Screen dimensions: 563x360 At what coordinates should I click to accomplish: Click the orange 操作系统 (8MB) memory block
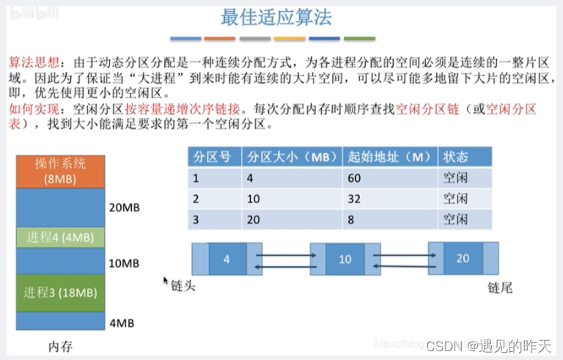coord(60,171)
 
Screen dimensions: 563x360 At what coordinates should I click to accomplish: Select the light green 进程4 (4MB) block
coord(60,238)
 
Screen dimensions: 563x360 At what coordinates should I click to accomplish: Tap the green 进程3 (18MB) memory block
coord(60,293)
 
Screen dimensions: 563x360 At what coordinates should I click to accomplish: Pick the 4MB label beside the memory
coord(122,322)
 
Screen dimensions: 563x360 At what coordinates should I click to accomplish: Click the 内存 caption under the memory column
coord(60,345)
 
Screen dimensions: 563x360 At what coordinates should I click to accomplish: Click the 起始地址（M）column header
coord(388,157)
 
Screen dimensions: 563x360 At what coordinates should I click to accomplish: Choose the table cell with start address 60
coord(388,177)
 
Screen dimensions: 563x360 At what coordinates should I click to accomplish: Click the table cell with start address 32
coord(388,199)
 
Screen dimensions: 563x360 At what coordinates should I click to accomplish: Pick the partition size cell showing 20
coord(290,219)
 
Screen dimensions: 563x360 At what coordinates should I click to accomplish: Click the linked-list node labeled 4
coord(227,259)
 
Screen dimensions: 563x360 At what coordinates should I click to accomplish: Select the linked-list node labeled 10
coord(345,259)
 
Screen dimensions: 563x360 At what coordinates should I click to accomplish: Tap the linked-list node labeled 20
coord(463,259)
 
